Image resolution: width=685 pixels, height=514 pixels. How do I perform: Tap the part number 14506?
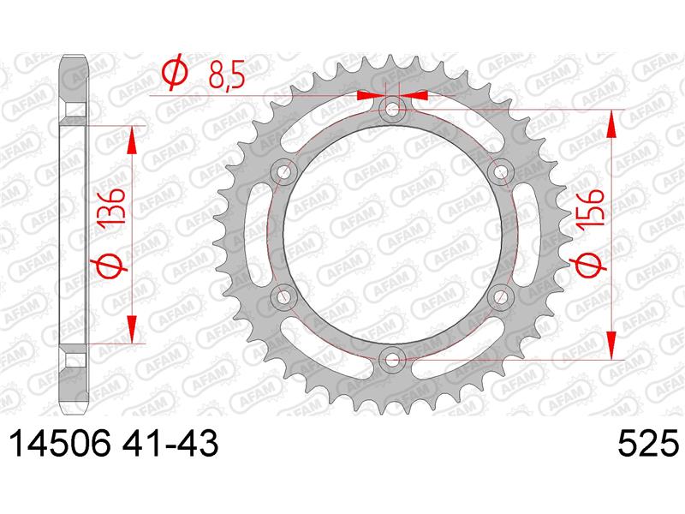pyautogui.click(x=60, y=443)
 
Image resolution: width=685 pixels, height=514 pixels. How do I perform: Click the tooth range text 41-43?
pyautogui.click(x=170, y=443)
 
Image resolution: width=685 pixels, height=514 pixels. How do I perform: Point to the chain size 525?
pyautogui.click(x=649, y=443)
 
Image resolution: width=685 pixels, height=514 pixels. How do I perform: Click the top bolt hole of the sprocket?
pyautogui.click(x=393, y=109)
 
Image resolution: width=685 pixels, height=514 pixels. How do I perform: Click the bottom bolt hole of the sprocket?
pyautogui.click(x=393, y=359)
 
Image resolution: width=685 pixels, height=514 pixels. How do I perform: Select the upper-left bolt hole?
pyautogui.click(x=284, y=172)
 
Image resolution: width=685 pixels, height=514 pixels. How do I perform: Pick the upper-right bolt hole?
pyautogui.click(x=501, y=172)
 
